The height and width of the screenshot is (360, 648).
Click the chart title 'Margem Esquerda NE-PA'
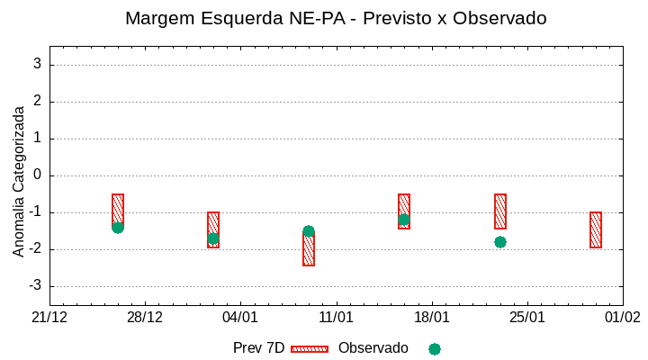click(x=335, y=18)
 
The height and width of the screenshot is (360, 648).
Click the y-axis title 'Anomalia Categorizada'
click(x=19, y=181)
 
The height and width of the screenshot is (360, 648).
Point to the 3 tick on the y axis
click(x=38, y=64)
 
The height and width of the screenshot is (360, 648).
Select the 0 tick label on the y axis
click(x=38, y=175)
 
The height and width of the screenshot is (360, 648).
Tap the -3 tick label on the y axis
click(x=35, y=286)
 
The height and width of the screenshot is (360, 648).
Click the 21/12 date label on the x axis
click(x=49, y=318)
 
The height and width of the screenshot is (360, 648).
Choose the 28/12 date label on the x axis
click(x=145, y=318)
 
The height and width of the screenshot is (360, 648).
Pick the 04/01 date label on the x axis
click(x=240, y=318)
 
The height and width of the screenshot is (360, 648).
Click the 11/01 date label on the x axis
click(x=336, y=318)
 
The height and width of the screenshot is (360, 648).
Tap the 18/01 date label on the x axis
click(x=431, y=318)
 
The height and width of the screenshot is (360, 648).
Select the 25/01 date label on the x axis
click(x=526, y=318)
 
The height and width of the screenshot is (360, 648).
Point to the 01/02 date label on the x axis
click(x=622, y=318)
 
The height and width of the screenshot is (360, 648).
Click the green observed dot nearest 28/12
click(x=118, y=228)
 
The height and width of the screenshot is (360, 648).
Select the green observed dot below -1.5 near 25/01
click(x=500, y=242)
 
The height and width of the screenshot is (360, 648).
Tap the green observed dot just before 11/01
click(x=309, y=231)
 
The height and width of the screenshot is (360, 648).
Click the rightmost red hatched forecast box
click(x=596, y=229)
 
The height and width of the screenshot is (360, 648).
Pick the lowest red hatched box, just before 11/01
click(x=309, y=250)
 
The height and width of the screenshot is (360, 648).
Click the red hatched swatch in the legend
click(x=310, y=348)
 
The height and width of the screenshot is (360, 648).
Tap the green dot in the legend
click(x=435, y=349)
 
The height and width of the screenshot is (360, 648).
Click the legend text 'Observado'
click(x=373, y=348)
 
